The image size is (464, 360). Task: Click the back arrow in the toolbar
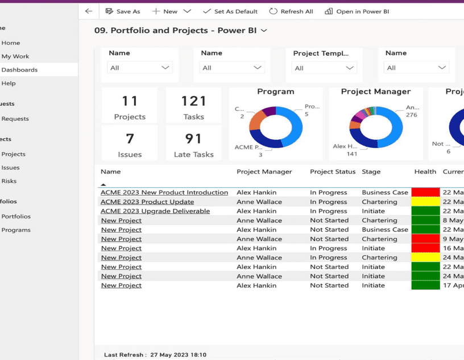click(88, 11)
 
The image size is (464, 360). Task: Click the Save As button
click(123, 11)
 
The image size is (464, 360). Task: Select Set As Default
click(230, 11)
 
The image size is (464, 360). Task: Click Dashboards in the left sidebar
click(19, 70)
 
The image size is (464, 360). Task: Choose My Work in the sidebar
click(15, 56)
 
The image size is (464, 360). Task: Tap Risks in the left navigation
click(9, 181)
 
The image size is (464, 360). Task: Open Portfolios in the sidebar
click(16, 217)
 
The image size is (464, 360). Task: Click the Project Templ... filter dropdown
click(324, 68)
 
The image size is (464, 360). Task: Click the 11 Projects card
click(130, 106)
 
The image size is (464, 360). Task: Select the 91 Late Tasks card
click(193, 144)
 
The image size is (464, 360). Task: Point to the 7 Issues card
click(130, 144)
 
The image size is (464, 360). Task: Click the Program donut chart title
click(275, 92)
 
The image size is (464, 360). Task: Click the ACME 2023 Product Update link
click(147, 202)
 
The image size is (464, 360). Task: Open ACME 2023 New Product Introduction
click(164, 193)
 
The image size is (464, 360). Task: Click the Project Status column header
click(333, 172)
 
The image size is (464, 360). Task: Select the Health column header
click(425, 172)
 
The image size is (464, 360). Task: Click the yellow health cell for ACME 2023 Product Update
click(425, 202)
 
